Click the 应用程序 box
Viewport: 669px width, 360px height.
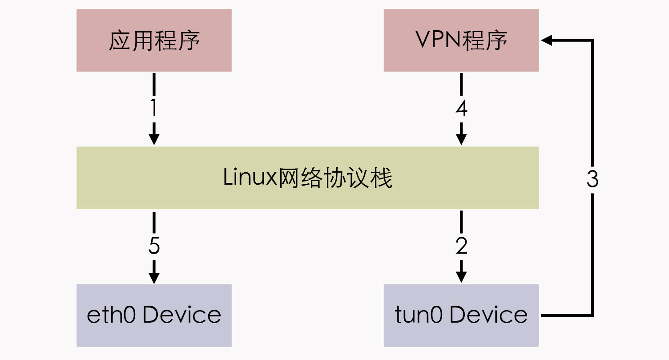click(154, 40)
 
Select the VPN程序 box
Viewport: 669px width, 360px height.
click(461, 40)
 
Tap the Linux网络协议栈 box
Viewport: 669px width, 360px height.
click(308, 178)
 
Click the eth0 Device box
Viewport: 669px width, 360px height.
click(154, 316)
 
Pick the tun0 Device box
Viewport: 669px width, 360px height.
click(461, 316)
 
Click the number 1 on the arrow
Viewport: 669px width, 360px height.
click(154, 108)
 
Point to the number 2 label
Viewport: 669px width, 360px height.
click(461, 246)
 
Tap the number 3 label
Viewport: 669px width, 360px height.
click(592, 179)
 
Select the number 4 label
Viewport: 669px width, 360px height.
click(461, 109)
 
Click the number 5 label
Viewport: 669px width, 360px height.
click(154, 246)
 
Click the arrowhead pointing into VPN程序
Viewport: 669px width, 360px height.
click(547, 40)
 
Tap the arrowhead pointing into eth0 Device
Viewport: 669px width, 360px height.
click(154, 278)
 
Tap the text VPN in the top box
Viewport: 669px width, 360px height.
click(438, 39)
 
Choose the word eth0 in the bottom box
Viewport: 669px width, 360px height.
click(111, 315)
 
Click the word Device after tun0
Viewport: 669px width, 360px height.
click(488, 315)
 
